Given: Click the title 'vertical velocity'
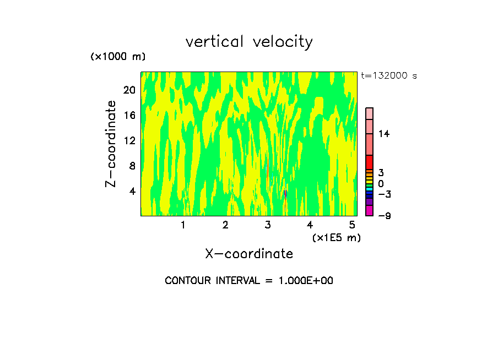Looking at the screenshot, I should tap(249, 42).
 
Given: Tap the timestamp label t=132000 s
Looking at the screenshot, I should tap(389, 75).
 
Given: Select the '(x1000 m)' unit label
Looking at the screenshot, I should tap(117, 57).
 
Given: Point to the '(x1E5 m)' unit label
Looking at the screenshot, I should tap(336, 237).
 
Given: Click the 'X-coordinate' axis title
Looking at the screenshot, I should tap(249, 254).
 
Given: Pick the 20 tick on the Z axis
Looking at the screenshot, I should tap(129, 90).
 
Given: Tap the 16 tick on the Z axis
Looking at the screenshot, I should tap(129, 115).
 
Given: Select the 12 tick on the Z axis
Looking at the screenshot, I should tap(129, 140).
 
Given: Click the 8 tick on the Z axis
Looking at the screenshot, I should tap(132, 166).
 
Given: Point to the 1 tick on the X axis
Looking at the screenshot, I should tap(183, 225).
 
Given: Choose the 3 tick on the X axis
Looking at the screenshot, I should tap(268, 225).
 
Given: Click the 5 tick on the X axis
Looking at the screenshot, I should tap(352, 225).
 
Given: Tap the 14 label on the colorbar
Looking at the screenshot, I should tap(384, 134).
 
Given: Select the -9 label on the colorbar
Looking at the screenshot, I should tap(384, 215).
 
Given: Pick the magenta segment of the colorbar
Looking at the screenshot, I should tap(369, 210).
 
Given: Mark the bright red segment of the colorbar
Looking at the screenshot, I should tap(369, 162).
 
